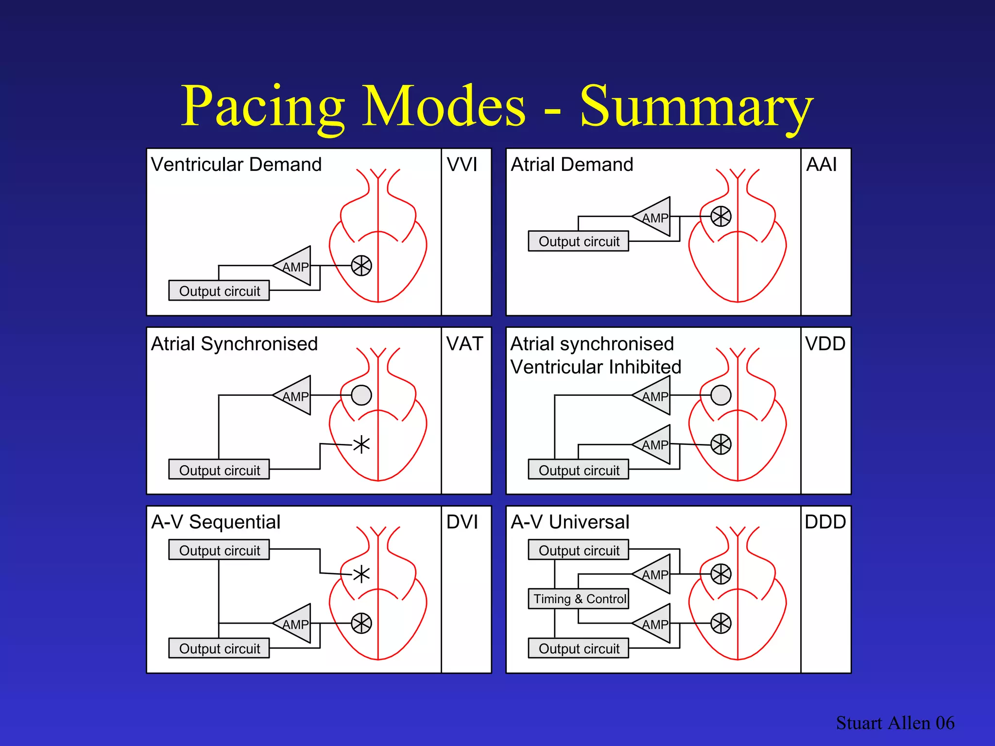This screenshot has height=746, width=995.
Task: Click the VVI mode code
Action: (462, 165)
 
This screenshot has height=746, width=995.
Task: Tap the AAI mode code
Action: (821, 165)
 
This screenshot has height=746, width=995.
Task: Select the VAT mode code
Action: (464, 344)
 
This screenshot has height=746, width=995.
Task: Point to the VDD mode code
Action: (825, 344)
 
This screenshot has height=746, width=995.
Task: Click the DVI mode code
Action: (462, 522)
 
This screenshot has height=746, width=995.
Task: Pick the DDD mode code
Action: (825, 522)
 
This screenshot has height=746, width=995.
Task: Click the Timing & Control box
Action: (579, 599)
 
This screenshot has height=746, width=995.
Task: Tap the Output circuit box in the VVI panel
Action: (219, 290)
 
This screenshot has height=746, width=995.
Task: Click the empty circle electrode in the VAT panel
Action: (361, 395)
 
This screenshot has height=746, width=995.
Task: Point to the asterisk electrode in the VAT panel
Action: (361, 444)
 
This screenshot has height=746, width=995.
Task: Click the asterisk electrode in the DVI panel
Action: (361, 575)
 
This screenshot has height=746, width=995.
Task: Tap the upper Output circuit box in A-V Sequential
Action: (219, 550)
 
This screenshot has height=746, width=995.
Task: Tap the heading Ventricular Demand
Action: (236, 165)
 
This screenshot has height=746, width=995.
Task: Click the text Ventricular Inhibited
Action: (596, 367)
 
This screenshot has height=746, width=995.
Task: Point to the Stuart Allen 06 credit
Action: (895, 723)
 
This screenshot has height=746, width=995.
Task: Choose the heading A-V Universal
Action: (570, 522)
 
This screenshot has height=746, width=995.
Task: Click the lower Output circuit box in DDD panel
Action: (579, 648)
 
